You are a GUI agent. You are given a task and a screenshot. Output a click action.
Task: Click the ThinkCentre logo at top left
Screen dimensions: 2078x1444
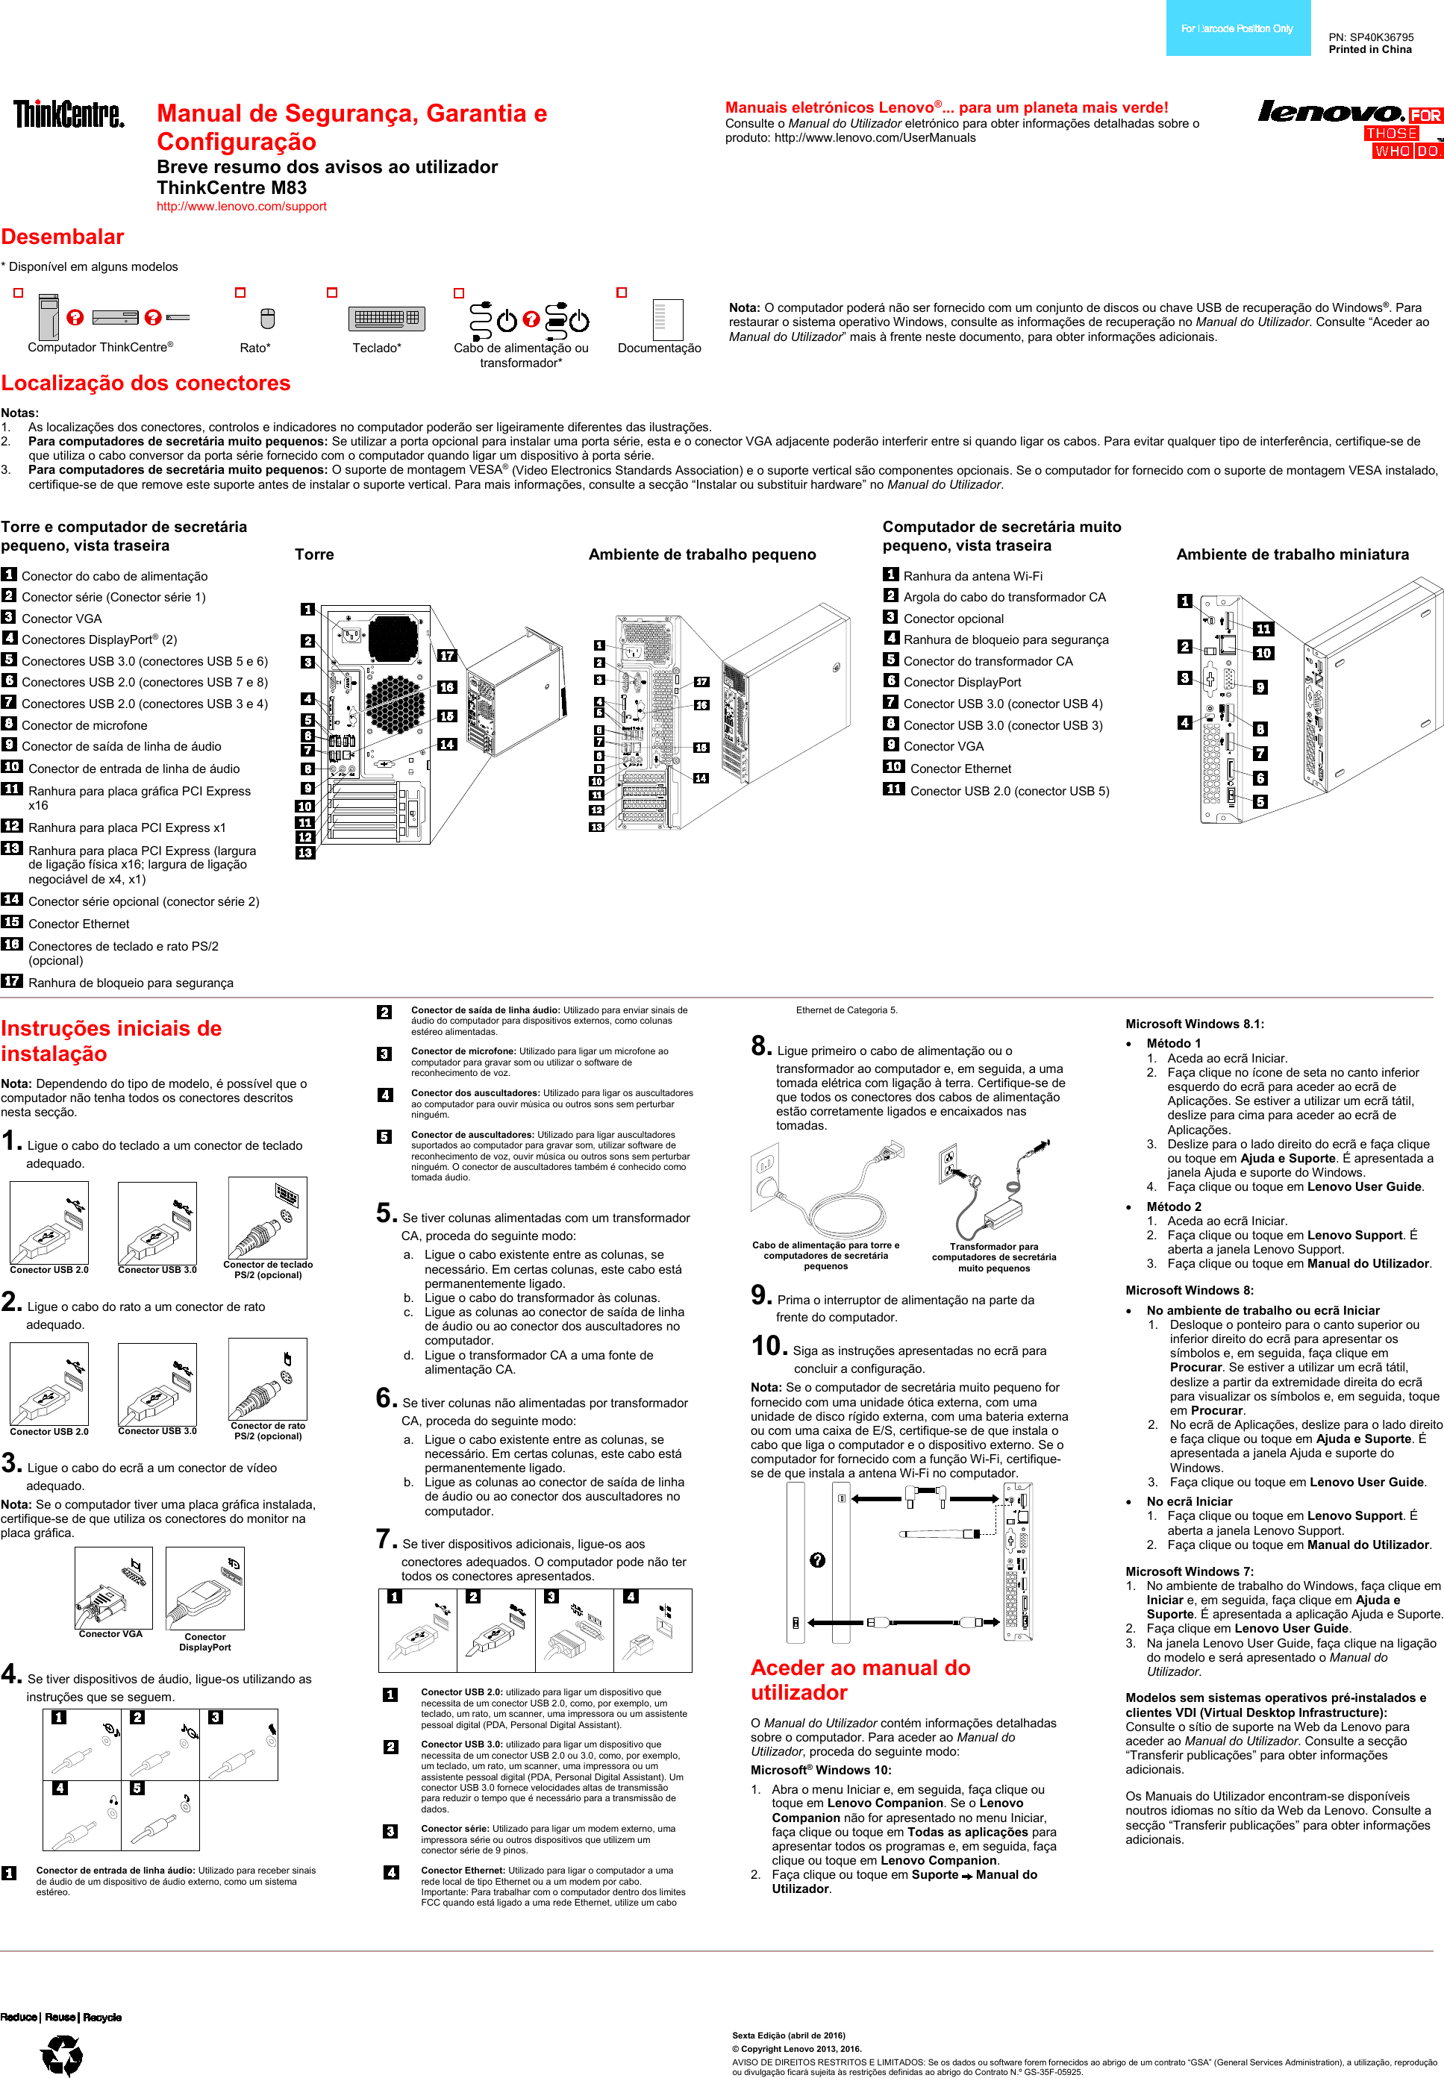[x=69, y=115]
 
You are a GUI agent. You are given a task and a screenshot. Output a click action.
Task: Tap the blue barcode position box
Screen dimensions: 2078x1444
[x=1237, y=28]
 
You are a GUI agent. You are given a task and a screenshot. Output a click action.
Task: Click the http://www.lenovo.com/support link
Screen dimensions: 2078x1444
[x=242, y=206]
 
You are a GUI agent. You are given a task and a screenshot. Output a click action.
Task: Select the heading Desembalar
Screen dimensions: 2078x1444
[x=63, y=237]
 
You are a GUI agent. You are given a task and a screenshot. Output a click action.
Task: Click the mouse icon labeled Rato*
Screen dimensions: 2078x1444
[x=267, y=319]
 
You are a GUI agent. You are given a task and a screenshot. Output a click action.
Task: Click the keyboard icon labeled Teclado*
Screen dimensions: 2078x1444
[x=387, y=319]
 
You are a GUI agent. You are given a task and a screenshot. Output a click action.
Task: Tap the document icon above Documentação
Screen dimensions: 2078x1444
[x=667, y=319]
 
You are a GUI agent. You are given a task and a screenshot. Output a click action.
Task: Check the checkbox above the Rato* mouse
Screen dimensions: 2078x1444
[x=240, y=293]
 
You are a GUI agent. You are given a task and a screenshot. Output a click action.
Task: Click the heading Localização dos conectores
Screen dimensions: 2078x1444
[x=146, y=384]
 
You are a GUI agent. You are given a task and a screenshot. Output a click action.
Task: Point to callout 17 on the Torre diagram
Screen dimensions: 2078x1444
[x=447, y=656]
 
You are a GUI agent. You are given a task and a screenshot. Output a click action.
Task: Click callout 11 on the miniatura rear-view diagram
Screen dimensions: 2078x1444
[x=1263, y=629]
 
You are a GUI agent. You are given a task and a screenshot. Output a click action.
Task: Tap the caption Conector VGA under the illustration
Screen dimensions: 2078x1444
[x=110, y=1634]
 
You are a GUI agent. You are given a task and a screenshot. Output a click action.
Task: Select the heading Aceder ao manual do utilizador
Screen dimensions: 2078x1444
[x=860, y=1680]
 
